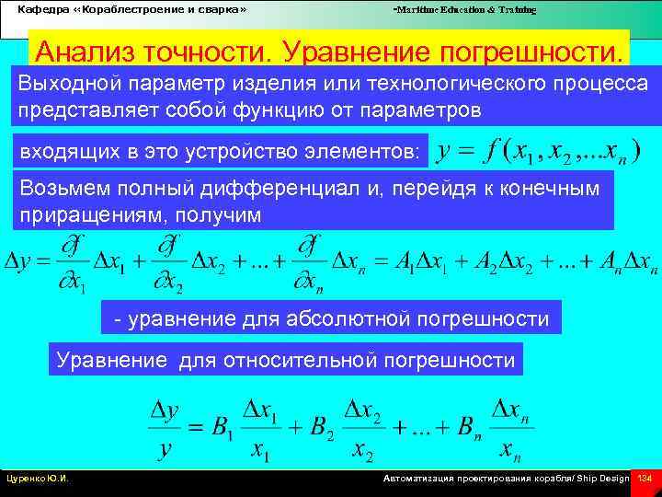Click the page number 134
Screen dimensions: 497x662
tap(645, 479)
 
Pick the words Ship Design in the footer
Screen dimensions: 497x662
tap(602, 480)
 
